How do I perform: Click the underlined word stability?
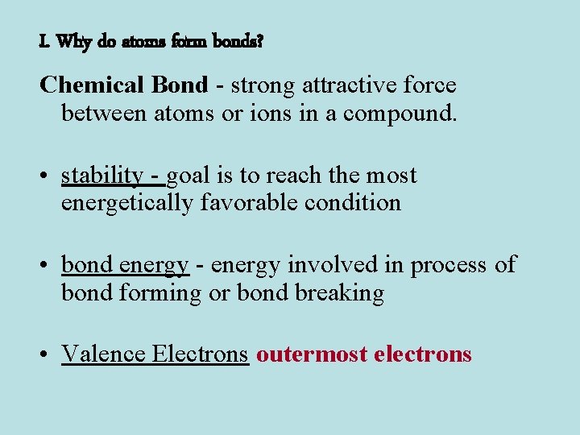pyautogui.click(x=101, y=176)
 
